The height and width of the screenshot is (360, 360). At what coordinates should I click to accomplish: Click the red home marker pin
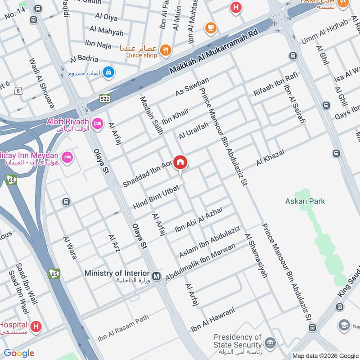click(180, 162)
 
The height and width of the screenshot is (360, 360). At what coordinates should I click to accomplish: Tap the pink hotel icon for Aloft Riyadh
click(96, 123)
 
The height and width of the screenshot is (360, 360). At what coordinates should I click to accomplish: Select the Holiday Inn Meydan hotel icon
click(68, 157)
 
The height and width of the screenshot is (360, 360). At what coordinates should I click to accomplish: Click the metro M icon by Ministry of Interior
click(156, 276)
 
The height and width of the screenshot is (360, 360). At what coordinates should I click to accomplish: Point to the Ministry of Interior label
click(117, 273)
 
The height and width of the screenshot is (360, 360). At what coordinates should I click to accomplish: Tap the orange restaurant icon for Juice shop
click(166, 51)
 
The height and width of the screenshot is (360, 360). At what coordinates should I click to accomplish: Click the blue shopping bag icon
click(108, 72)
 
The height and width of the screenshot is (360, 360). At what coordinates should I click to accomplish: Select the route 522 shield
click(105, 98)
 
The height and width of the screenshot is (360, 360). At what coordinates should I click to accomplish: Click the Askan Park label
click(305, 201)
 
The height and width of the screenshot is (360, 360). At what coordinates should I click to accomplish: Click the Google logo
click(19, 353)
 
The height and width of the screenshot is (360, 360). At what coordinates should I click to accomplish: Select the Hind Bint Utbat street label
click(156, 198)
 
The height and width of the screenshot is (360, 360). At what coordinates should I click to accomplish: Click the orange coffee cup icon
click(210, 28)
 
